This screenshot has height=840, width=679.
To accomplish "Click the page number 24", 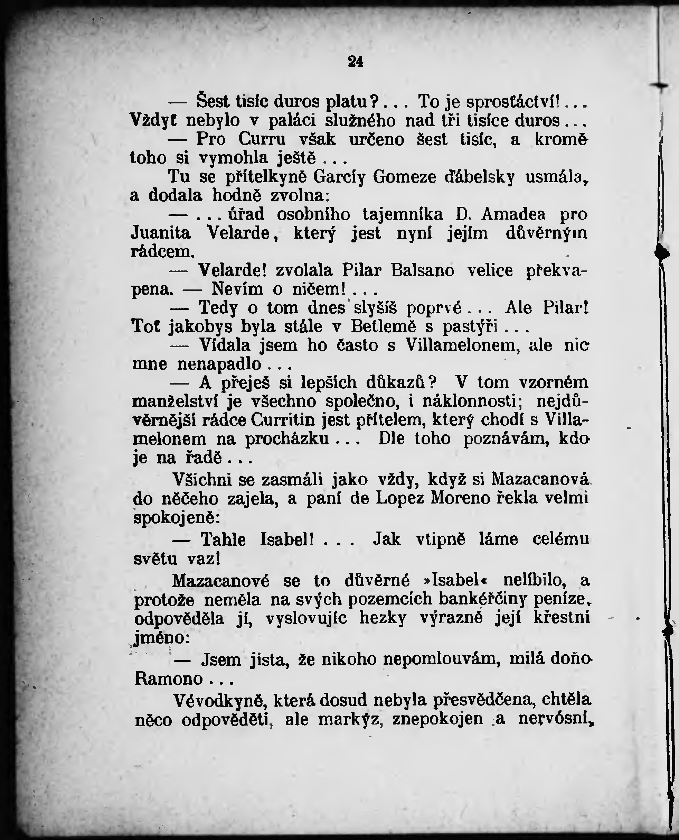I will [356, 62].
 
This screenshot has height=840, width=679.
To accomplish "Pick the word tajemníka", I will [403, 214].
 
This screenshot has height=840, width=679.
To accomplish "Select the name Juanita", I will [160, 233].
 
